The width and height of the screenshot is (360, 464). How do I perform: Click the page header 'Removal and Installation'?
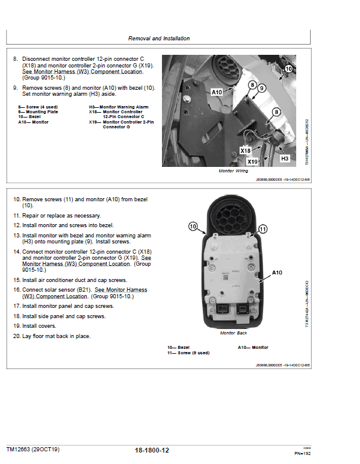point(159,39)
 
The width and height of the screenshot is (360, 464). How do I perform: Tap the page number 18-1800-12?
point(156,450)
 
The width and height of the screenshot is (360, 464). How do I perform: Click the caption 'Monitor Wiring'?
point(234,171)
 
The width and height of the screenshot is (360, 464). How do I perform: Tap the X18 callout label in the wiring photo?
point(245,150)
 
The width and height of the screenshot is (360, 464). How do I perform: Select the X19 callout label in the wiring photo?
point(253,161)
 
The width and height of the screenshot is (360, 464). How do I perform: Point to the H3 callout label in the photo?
point(285,158)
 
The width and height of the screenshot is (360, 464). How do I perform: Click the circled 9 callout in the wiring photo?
point(262,88)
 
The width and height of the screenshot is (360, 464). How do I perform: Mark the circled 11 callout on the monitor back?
point(262,229)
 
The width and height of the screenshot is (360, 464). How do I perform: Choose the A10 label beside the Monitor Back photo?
point(277,272)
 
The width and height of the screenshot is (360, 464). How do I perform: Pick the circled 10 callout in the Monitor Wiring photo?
point(288,69)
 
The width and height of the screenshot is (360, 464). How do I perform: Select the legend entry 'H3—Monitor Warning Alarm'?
point(119,107)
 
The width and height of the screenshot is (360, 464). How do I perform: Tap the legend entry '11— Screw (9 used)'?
point(188,353)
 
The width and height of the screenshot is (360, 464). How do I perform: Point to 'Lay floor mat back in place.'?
point(52,336)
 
